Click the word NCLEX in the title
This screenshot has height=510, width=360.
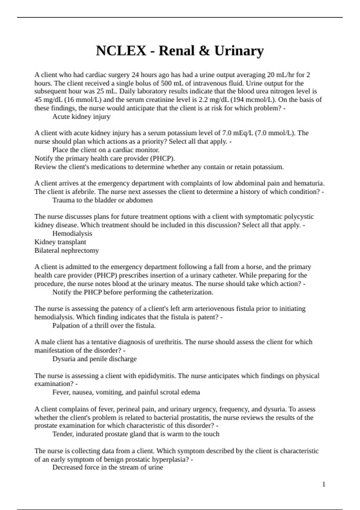click(x=121, y=51)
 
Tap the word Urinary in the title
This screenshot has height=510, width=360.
click(x=239, y=51)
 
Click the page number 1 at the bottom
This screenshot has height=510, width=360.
click(x=324, y=484)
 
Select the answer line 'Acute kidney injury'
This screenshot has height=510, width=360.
click(x=81, y=117)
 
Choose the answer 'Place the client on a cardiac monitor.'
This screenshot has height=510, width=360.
click(x=106, y=150)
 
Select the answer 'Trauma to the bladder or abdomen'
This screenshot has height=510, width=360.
click(x=102, y=200)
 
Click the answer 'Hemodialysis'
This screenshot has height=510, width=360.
click(x=72, y=233)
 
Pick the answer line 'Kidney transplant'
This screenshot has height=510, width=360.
click(x=60, y=242)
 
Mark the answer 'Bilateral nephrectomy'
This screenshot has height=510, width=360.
click(x=67, y=250)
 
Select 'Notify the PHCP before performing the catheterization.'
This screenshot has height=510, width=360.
click(x=133, y=292)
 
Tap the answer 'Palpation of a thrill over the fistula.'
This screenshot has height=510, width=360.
click(x=104, y=325)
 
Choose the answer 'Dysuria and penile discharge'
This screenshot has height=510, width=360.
click(x=94, y=359)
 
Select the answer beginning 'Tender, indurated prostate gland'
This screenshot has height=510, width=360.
click(x=136, y=434)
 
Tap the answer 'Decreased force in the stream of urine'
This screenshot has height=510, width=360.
click(x=108, y=467)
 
